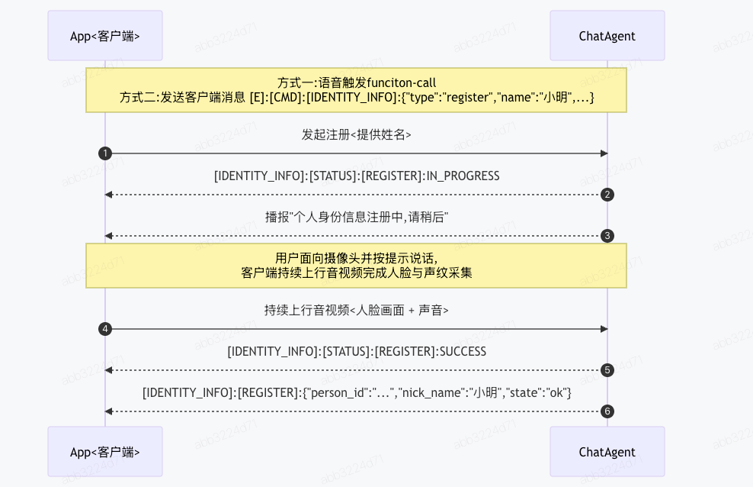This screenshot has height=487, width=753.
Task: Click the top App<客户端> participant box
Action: coord(105,36)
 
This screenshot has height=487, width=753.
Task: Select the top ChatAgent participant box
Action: coord(607,36)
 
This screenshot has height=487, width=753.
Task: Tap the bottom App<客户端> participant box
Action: coord(105,451)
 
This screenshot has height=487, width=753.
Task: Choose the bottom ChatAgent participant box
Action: coord(607,451)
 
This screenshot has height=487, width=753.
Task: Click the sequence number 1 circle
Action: coord(105,153)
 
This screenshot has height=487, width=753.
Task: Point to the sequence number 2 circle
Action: coord(607,195)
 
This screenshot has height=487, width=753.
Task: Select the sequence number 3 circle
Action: coord(607,236)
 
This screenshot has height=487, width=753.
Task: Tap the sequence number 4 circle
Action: coord(105,329)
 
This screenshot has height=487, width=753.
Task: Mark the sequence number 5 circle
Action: coord(607,370)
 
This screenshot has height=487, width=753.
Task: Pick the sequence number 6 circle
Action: coord(607,411)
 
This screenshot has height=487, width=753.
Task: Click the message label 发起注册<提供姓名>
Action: coord(357,134)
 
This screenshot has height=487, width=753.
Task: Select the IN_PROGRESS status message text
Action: coord(357,176)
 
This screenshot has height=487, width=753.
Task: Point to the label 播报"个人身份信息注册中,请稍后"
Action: coord(357,218)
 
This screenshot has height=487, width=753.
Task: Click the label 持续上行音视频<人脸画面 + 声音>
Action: coord(357,310)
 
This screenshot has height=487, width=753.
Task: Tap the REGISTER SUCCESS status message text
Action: coord(357,351)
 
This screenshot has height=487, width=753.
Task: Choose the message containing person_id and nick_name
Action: coord(357,393)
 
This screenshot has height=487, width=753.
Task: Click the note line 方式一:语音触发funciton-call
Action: coord(357,82)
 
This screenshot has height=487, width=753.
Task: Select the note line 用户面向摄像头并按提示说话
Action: coord(357,258)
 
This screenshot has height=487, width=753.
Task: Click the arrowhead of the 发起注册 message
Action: coord(604,153)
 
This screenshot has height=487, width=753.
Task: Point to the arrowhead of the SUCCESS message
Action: coord(109,370)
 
